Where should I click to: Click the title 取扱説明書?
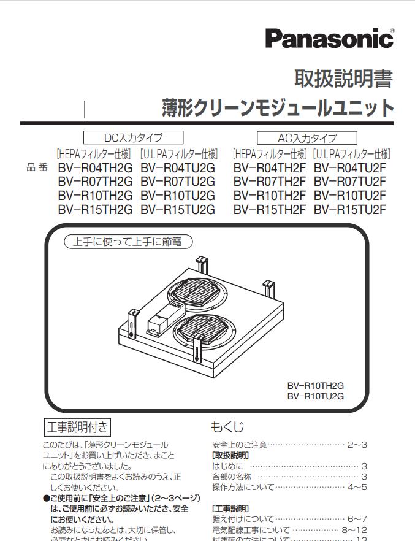pyautogui.click(x=343, y=79)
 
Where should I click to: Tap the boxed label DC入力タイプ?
pyautogui.click(x=134, y=137)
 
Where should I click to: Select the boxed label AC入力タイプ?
pyautogui.click(x=307, y=137)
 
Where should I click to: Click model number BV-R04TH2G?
pyautogui.click(x=95, y=167)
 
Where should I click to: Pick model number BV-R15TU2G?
pyautogui.click(x=178, y=209)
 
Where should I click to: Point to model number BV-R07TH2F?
pyautogui.click(x=270, y=182)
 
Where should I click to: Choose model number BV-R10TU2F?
pyautogui.click(x=350, y=196)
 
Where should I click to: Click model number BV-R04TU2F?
pyautogui.click(x=350, y=167)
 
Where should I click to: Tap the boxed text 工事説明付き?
pyautogui.click(x=78, y=426)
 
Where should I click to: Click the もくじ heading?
pyautogui.click(x=227, y=427)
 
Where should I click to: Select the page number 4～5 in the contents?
pyautogui.click(x=357, y=488)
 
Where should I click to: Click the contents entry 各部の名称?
pyautogui.click(x=231, y=477)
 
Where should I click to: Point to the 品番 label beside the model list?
pyautogui.click(x=37, y=167)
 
